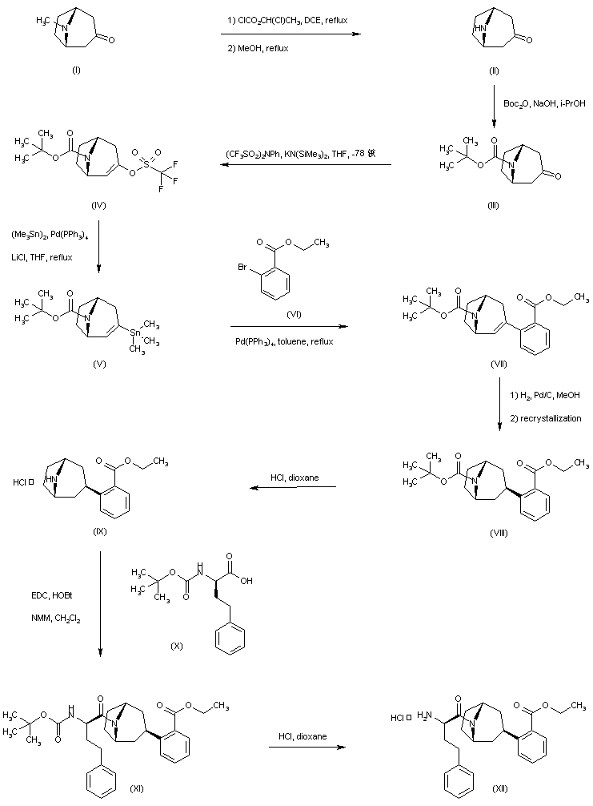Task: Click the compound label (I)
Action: click(x=76, y=71)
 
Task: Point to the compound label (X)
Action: click(x=177, y=645)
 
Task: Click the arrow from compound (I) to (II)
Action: click(x=290, y=34)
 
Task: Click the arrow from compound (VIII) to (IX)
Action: click(x=291, y=486)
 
